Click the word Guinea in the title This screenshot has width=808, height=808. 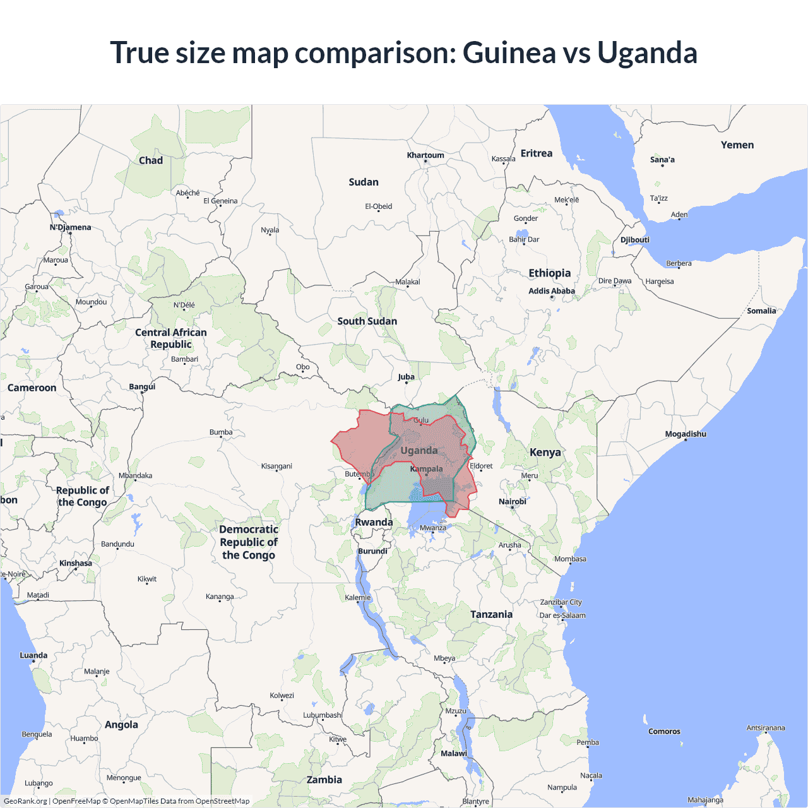point(509,52)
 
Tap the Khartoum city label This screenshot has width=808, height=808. point(425,155)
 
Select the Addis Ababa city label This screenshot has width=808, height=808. point(551,291)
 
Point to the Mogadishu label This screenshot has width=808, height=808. point(686,434)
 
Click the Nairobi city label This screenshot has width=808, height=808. point(512,502)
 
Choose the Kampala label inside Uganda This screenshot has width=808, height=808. point(426,469)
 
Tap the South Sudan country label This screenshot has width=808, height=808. point(367,321)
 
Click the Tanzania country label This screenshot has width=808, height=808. point(491,614)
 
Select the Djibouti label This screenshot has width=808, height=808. point(634,240)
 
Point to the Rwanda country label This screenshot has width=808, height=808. point(374,522)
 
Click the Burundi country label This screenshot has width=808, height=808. point(372,551)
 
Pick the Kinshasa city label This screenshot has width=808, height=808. point(76,563)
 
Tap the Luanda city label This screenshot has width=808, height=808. point(33,655)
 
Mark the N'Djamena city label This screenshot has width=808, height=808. point(70,227)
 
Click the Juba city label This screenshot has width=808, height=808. point(406,377)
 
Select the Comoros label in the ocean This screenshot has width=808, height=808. point(664,732)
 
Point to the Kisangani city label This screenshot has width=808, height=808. point(276,466)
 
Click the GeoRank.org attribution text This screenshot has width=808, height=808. point(25,801)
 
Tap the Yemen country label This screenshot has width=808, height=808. point(737,145)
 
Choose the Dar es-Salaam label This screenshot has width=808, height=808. point(562,615)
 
